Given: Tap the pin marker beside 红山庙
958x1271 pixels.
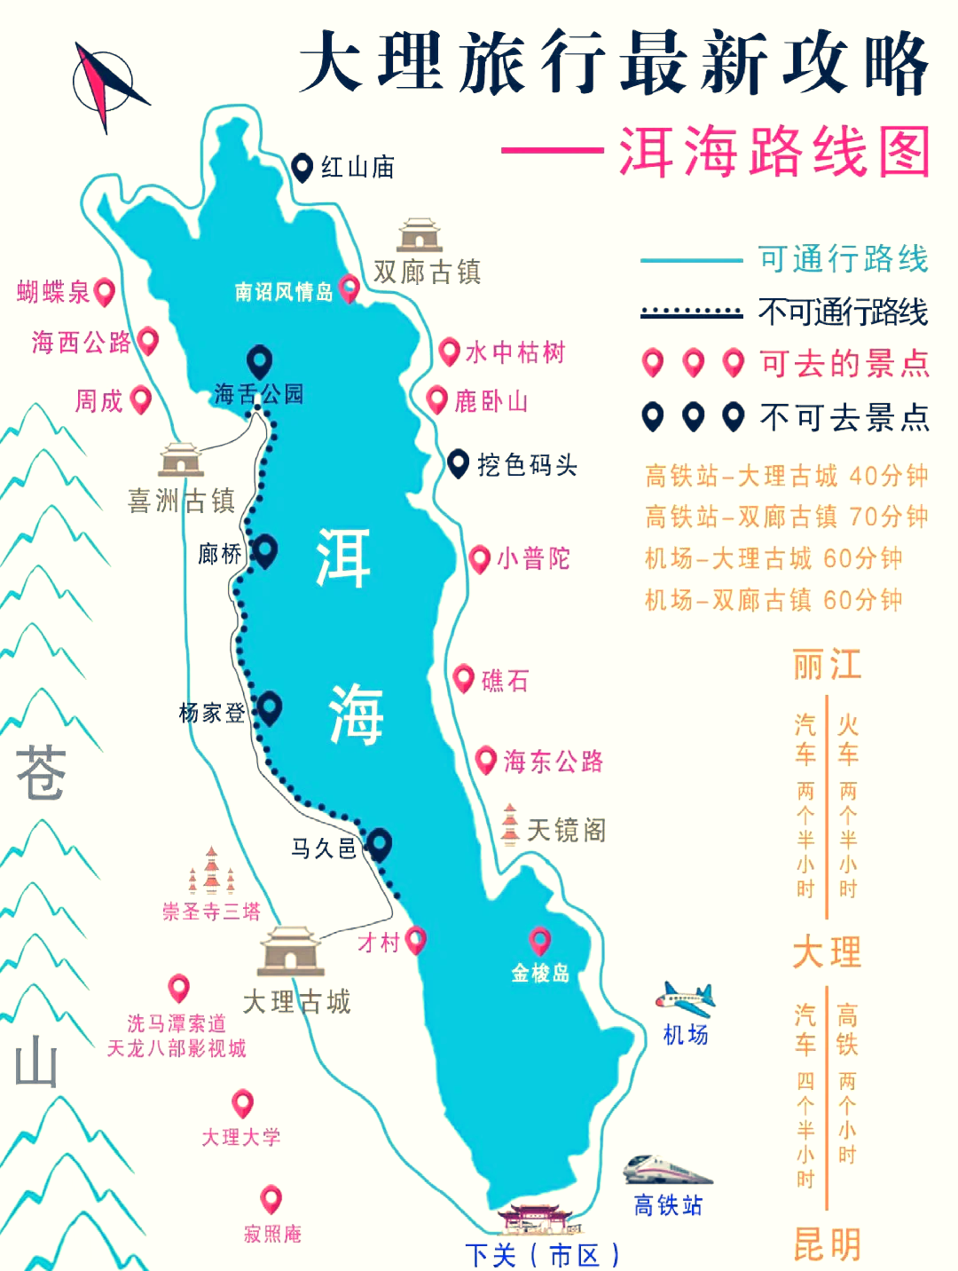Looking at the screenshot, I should [x=302, y=166].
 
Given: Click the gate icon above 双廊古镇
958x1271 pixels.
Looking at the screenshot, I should [x=420, y=235].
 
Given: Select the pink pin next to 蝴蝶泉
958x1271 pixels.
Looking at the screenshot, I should [x=105, y=291].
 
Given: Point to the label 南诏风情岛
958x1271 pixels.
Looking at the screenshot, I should [x=284, y=292].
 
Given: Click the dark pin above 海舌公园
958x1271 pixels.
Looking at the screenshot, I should [x=259, y=361].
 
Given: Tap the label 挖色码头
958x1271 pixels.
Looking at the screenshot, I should [x=527, y=464].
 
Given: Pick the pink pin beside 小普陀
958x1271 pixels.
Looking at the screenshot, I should [x=479, y=559].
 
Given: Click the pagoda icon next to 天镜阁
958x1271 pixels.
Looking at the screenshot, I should [x=509, y=825].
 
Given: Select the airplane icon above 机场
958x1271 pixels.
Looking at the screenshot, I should [x=686, y=999].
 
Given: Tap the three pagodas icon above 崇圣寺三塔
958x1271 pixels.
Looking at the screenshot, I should [x=211, y=872].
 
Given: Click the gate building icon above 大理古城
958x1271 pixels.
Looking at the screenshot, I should [x=290, y=952].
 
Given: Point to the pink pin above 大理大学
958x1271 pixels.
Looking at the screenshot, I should [x=242, y=1104].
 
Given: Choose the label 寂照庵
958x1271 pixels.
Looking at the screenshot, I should [x=272, y=1234].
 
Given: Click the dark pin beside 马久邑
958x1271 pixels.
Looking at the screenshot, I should [x=380, y=843].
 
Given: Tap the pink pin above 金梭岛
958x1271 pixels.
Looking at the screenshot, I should [x=539, y=941].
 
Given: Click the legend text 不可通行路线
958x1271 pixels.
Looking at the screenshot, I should [x=843, y=312].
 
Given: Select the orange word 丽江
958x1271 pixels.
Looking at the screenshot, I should [x=827, y=665].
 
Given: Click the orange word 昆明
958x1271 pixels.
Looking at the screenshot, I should [x=827, y=1244].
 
